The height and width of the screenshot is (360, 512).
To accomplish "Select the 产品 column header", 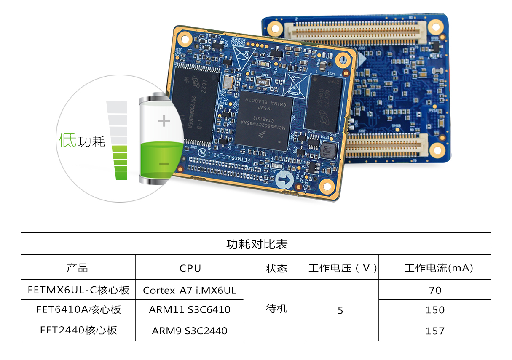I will [78, 268].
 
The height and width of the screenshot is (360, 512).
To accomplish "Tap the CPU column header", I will [190, 268].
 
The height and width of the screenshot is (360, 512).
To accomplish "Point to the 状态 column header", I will [276, 268].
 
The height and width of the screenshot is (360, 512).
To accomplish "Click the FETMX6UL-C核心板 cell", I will [78, 290].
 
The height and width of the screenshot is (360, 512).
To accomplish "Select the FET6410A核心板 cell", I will [78, 310].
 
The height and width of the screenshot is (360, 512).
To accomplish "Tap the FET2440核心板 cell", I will [78, 330].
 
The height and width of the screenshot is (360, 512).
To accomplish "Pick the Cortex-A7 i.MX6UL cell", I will [190, 290].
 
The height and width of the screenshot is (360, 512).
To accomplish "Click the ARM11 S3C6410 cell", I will [190, 310].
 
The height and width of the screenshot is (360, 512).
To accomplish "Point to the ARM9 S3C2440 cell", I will [190, 331].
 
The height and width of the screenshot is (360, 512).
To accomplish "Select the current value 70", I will [435, 290].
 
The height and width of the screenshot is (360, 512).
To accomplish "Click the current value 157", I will [435, 331].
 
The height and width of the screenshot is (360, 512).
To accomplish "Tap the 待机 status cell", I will [276, 309].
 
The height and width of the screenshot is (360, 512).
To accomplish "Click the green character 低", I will [67, 140].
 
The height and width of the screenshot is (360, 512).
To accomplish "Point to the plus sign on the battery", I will [164, 122].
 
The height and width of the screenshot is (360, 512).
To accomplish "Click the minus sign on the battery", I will [164, 164].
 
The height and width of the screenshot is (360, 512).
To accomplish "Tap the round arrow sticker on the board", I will [285, 181].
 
